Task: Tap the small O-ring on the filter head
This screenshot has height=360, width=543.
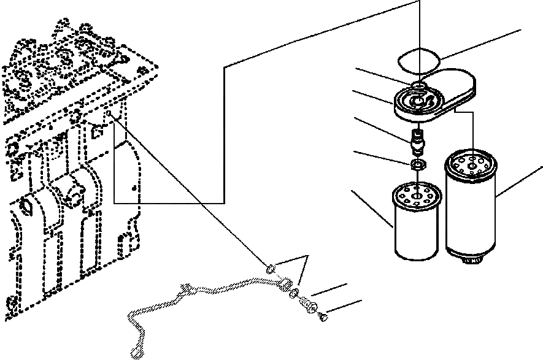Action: click(x=418, y=85)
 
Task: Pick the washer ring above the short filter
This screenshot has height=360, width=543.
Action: click(x=417, y=164)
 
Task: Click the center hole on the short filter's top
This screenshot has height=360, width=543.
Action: click(x=416, y=197)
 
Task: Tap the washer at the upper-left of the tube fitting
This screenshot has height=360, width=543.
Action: click(x=269, y=267)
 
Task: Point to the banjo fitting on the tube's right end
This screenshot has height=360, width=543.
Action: click(x=284, y=283)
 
